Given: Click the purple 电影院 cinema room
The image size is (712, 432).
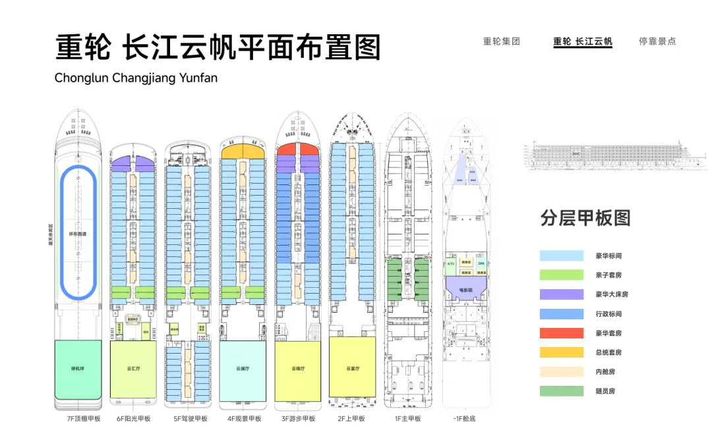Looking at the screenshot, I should (x=467, y=288).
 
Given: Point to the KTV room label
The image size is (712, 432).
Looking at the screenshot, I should (x=452, y=264).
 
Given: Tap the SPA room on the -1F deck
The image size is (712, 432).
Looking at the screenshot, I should (x=481, y=264).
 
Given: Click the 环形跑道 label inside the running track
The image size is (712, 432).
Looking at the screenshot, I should (x=78, y=234).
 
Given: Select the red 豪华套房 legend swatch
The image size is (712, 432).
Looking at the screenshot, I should (x=562, y=333).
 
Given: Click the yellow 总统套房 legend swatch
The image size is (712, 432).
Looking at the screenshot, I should (x=562, y=352).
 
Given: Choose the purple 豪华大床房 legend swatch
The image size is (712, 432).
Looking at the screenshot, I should (x=562, y=294).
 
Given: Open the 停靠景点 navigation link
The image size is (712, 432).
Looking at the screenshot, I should (x=657, y=41).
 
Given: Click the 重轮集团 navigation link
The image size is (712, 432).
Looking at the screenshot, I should (x=502, y=41).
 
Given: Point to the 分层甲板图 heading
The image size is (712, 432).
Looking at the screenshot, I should (x=585, y=219).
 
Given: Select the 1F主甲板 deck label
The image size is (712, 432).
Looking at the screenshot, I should (x=407, y=419).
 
